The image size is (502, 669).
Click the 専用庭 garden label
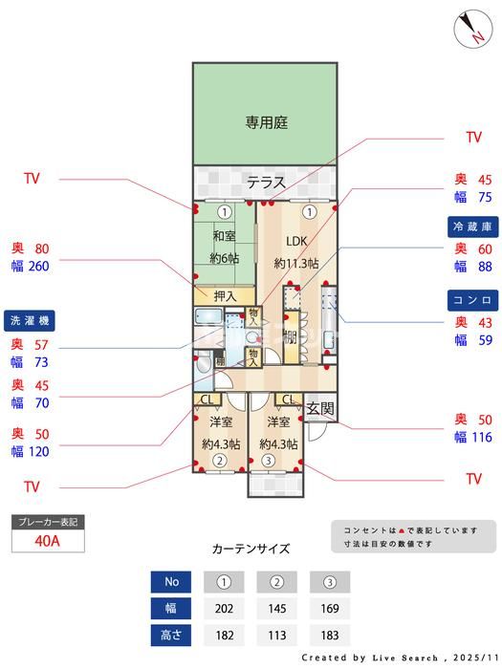267,122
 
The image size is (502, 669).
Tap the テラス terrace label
266,183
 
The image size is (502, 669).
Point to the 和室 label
224,236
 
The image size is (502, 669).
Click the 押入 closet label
226,294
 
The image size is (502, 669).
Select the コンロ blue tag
472,300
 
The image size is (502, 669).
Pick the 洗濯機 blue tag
32,320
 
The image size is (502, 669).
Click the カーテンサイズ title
250,549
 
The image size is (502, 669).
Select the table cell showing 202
224,608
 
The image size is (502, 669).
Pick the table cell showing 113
276,635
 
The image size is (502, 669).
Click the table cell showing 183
329,635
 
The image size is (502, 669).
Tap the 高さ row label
171,635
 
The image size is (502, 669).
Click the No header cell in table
171,582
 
